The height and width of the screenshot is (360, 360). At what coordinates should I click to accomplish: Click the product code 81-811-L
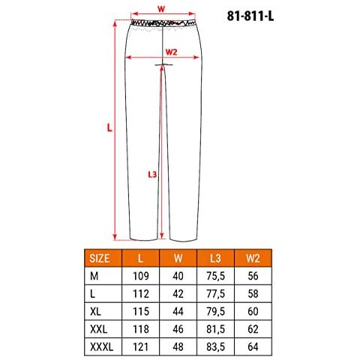point(250,16)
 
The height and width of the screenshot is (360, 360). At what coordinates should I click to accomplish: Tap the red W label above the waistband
point(161,9)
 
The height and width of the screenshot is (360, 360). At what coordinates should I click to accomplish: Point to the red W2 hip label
point(172,52)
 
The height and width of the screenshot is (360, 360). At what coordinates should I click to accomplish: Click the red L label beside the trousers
point(109,127)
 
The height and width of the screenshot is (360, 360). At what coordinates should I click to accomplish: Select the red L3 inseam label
point(152,174)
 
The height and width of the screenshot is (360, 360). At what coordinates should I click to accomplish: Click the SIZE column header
point(100,258)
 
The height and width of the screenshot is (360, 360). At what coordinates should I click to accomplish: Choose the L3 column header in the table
point(215,258)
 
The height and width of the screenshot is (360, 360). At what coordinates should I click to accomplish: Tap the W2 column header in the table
point(253,258)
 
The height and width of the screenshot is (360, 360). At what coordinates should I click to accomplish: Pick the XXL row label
point(99,329)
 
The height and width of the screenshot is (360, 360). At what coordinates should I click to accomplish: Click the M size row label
point(94,276)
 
